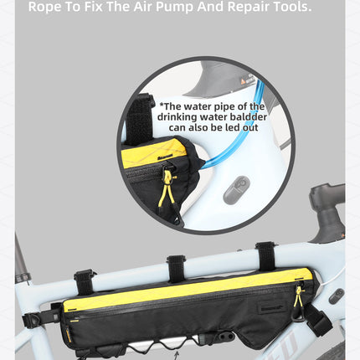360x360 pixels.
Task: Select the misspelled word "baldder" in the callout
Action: (249, 117)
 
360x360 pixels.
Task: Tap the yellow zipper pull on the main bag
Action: (298, 296)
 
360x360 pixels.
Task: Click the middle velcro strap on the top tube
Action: (176, 269)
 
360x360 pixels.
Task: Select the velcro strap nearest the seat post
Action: (85, 281)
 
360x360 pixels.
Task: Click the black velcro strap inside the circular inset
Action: (140, 119)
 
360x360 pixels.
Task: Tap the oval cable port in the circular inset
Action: (236, 190)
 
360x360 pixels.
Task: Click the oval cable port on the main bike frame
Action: (337, 296)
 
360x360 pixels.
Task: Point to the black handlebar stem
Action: (328, 212)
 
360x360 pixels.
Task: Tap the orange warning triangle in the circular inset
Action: (244, 81)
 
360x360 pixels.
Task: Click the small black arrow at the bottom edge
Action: (176, 356)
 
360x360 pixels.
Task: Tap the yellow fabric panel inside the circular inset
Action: (153, 153)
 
